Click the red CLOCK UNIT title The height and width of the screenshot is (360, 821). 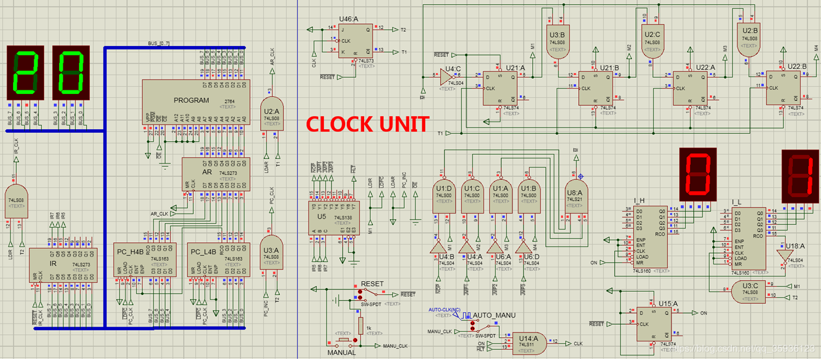[367, 124]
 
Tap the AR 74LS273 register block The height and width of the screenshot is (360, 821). [216, 174]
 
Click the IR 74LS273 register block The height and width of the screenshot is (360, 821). [63, 265]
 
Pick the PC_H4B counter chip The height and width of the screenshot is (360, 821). [145, 259]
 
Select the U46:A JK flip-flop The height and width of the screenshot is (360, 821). [353, 41]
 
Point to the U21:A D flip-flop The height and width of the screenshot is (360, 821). [500, 89]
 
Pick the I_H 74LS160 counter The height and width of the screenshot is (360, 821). [650, 237]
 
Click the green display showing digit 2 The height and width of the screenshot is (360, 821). [26, 74]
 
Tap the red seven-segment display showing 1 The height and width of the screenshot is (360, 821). [801, 176]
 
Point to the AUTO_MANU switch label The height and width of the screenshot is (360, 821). [494, 315]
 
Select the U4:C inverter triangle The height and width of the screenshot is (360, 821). [447, 78]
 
